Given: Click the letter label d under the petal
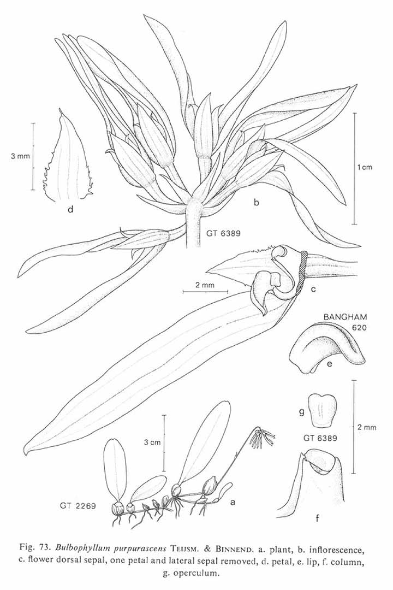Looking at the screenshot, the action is [70, 209].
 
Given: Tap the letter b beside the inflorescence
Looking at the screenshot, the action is [257, 203].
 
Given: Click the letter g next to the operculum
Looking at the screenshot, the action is [301, 413].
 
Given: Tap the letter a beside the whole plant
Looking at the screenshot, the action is [233, 501].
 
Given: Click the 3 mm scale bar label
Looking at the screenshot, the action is [20, 156].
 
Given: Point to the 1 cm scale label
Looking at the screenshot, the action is [365, 167].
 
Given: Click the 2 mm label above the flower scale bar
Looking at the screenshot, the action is [205, 285].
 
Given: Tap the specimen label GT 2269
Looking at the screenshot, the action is [78, 506].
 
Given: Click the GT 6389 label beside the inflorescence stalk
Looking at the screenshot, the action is [223, 233].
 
